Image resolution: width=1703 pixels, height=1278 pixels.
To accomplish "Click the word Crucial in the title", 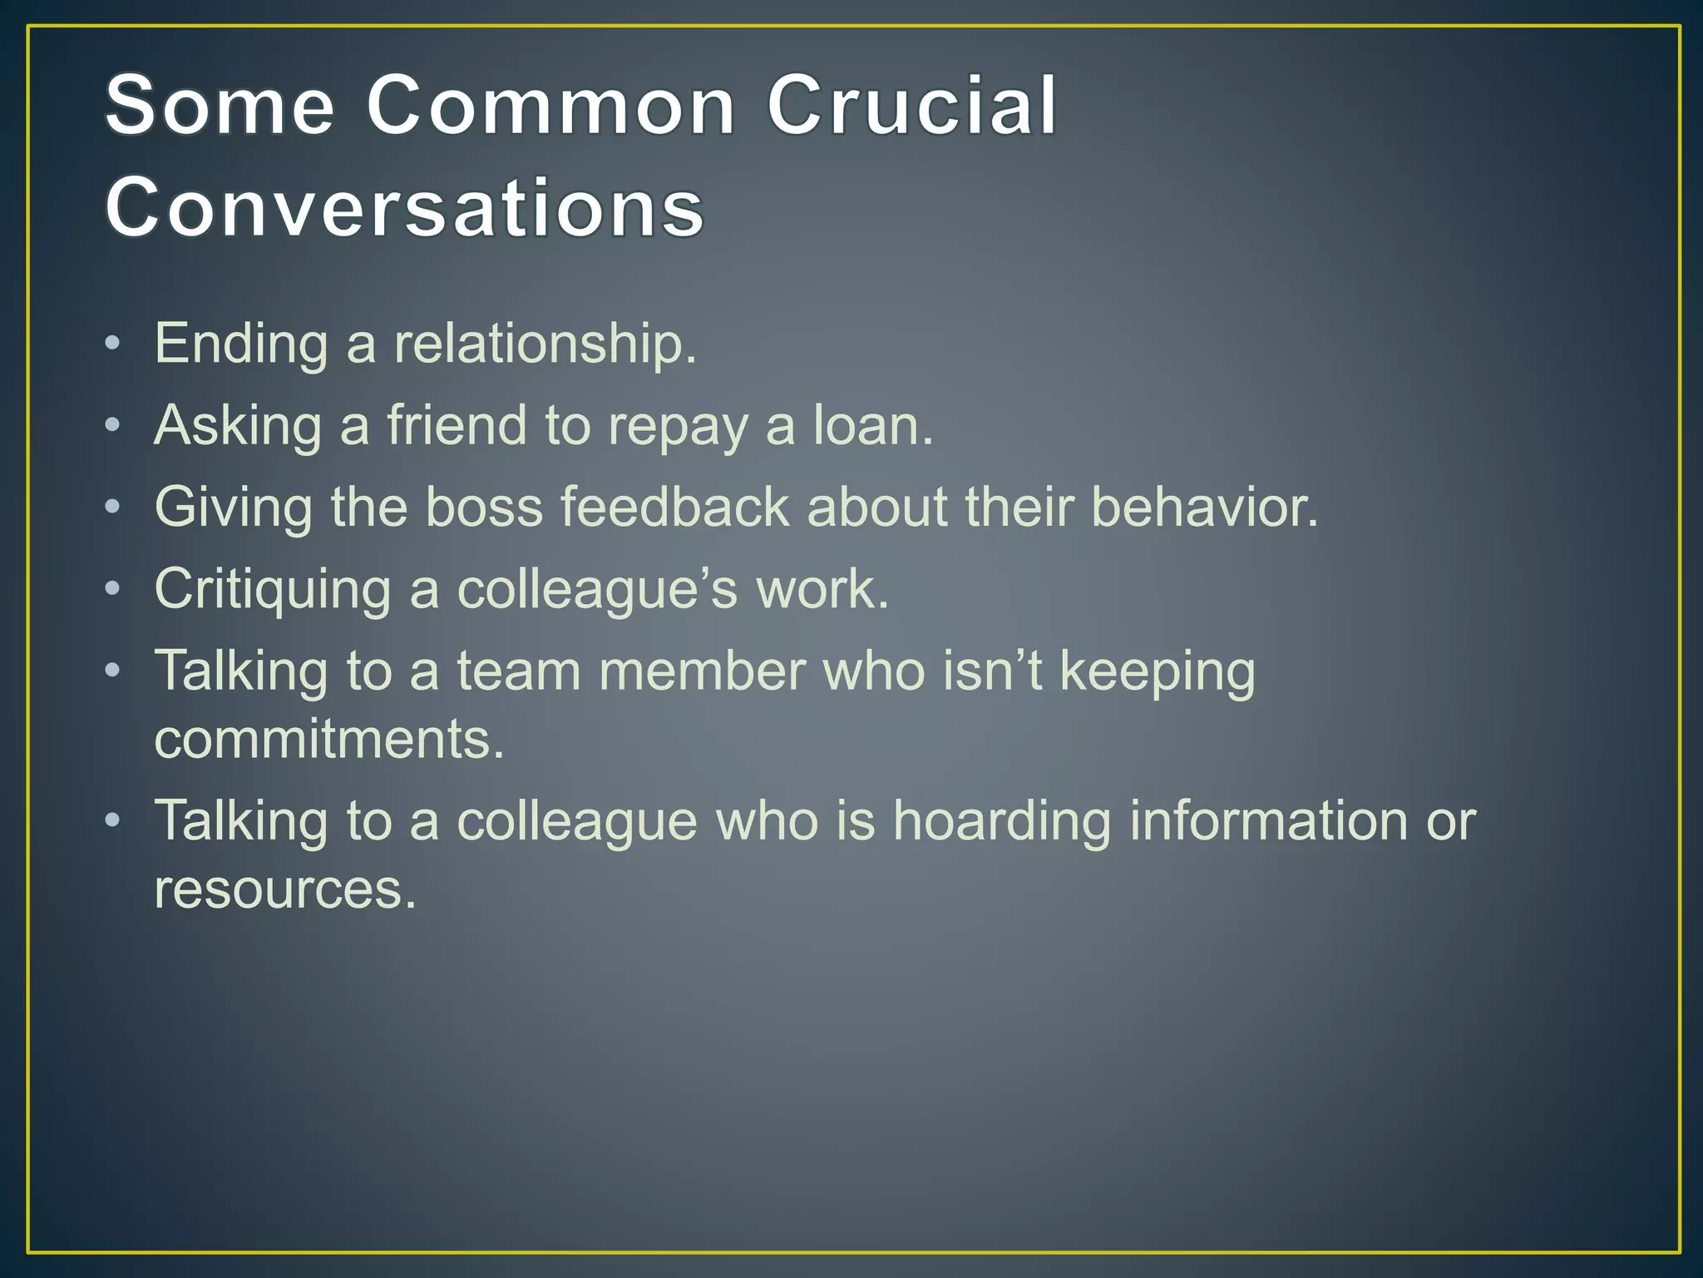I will tap(911, 106).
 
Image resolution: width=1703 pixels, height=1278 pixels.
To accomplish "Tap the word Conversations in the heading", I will tap(405, 207).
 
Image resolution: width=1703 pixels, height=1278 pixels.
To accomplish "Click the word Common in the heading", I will tap(550, 106).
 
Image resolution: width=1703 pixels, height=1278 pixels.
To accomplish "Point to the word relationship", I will tap(545, 343).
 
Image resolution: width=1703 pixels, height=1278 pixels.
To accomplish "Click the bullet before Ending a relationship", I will tap(113, 343).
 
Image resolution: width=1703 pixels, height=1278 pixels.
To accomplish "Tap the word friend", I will tap(457, 424).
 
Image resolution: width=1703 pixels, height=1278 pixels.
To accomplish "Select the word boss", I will tap(484, 506).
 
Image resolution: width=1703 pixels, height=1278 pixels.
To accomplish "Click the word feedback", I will tap(674, 506).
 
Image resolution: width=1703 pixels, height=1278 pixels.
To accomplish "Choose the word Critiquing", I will tap(273, 589).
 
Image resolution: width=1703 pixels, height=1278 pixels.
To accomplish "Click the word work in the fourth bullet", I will tap(822, 588).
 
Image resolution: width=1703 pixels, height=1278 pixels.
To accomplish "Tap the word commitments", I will tap(329, 738).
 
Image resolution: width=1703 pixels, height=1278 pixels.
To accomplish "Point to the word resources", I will tap(285, 888).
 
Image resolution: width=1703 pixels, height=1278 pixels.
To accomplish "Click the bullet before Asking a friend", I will tap(113, 425).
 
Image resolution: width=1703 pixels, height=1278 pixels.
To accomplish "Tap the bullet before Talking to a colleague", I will tap(113, 820).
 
